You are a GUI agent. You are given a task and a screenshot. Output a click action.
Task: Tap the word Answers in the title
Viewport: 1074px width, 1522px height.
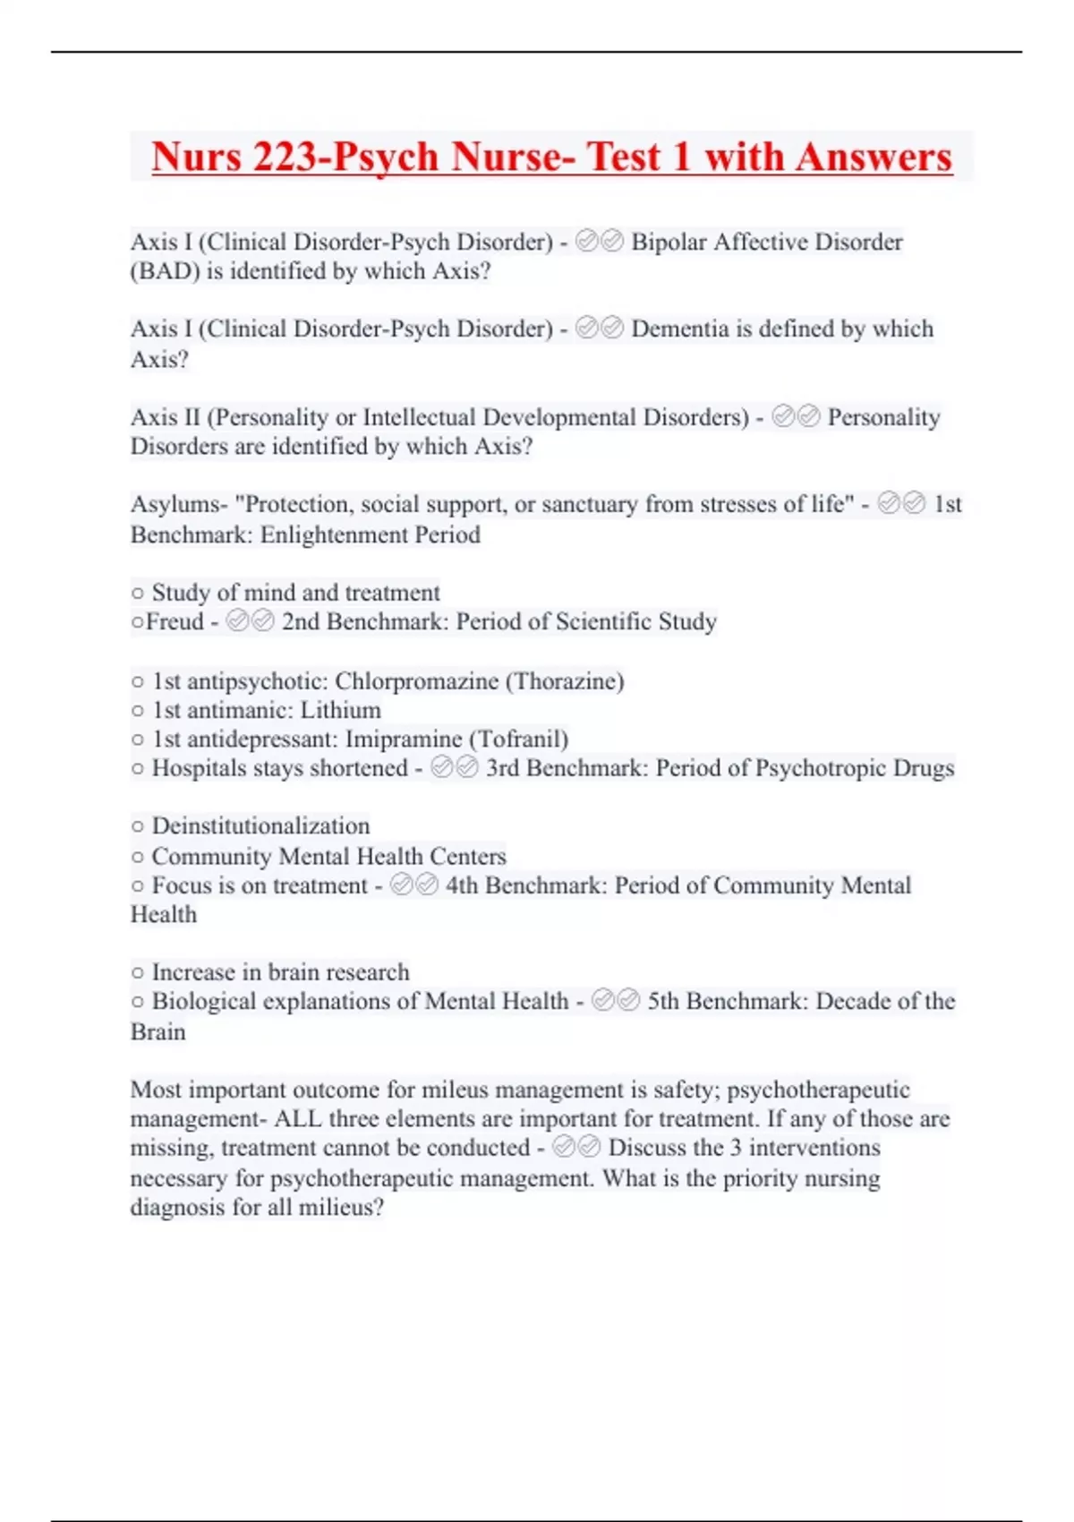[x=874, y=157]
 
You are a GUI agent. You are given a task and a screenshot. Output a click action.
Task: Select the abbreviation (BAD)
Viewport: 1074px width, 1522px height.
[x=165, y=271]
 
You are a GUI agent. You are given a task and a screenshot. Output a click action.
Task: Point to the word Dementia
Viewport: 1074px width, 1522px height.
[x=680, y=329]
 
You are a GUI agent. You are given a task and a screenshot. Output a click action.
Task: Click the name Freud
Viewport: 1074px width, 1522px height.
[x=175, y=621]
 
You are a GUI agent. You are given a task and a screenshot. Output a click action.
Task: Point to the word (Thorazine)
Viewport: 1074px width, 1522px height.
[x=565, y=681]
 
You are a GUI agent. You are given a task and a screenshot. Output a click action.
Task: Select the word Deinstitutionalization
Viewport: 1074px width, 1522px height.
[x=260, y=825]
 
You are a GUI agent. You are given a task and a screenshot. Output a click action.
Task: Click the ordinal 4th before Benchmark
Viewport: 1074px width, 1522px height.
[x=462, y=885]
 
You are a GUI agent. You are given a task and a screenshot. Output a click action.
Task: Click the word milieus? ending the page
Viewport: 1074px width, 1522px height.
[x=341, y=1208]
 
